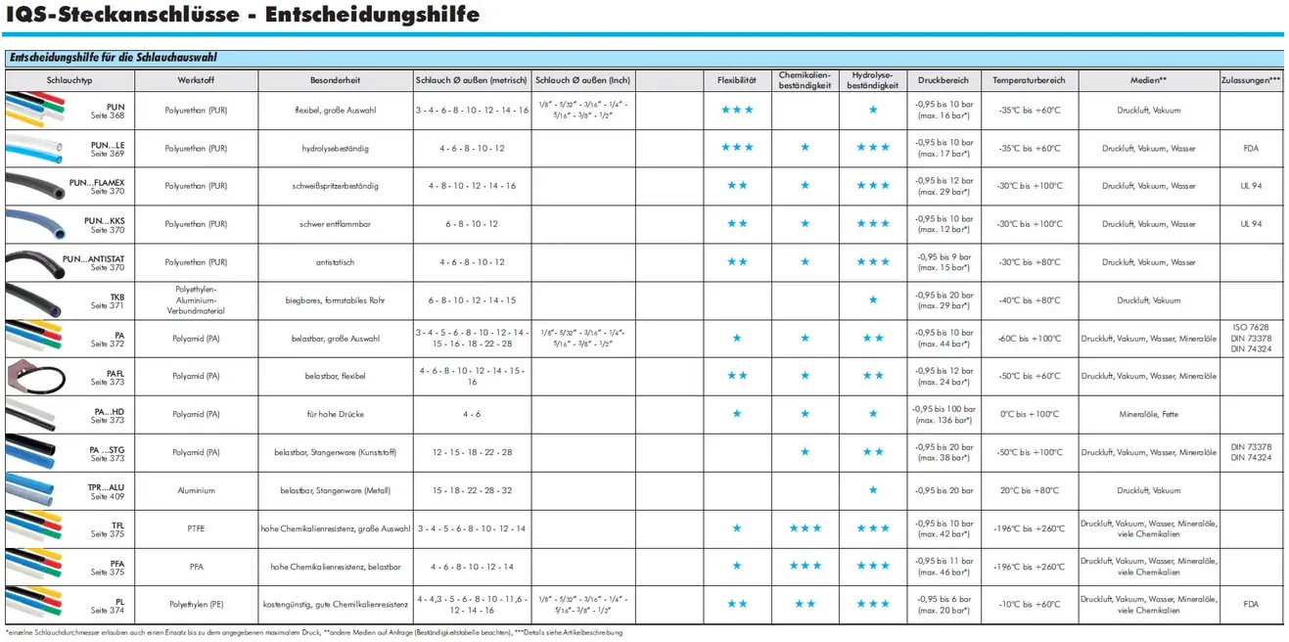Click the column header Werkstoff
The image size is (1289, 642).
point(196,80)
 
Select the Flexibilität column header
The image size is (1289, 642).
point(736,80)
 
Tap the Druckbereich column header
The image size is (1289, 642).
point(944,80)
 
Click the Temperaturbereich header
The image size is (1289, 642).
point(1029,80)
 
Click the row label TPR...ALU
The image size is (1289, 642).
point(107,486)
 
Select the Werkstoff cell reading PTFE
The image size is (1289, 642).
point(196,528)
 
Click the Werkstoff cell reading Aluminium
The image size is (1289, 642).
point(196,490)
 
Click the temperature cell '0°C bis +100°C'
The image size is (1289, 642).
point(1029,414)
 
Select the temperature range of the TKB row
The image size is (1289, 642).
point(1029,300)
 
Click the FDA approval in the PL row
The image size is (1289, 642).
point(1251,604)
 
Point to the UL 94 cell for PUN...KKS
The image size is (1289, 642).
point(1251,224)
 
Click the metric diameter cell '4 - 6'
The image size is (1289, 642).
point(472,414)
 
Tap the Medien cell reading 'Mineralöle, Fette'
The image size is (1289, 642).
point(1149,414)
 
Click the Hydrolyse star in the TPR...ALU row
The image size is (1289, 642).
point(873,490)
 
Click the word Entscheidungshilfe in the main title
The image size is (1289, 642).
point(373,14)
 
